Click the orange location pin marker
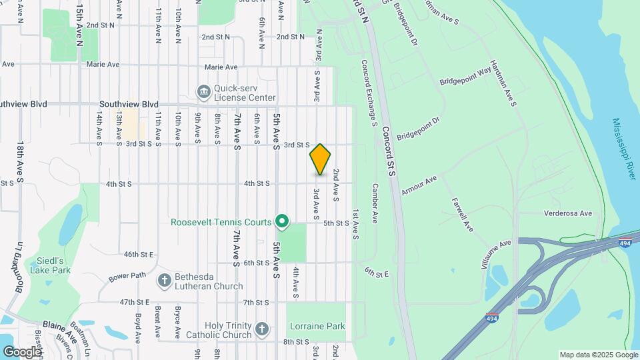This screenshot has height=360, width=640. [x=320, y=159]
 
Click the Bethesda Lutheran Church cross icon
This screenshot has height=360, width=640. [x=164, y=281]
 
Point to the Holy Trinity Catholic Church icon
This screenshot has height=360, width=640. [x=262, y=329]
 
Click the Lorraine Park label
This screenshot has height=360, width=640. [x=317, y=327]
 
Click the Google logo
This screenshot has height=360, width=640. [x=22, y=351]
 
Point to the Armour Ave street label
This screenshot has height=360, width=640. [x=419, y=185]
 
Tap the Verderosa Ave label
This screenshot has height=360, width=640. [x=568, y=213]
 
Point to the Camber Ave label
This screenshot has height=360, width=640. [x=375, y=203]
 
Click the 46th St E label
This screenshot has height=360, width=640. [x=139, y=254]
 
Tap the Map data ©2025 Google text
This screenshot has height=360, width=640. [x=598, y=355]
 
